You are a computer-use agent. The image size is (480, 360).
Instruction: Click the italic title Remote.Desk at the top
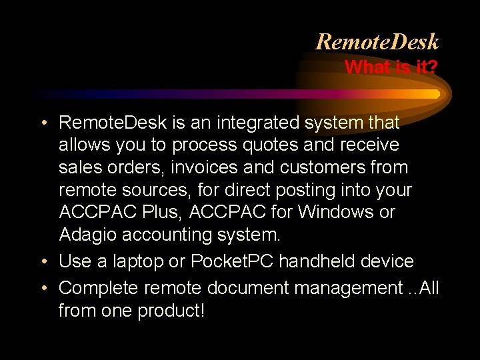coord(377,42)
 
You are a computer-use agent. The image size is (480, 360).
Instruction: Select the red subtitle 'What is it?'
coord(391,67)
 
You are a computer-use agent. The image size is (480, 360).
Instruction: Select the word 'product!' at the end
coord(171,311)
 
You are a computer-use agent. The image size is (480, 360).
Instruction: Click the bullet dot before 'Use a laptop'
coord(43,261)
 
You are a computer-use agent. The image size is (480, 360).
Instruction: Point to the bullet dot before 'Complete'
coord(43,288)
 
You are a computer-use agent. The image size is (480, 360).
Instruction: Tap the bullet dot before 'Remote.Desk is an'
coord(43,123)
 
